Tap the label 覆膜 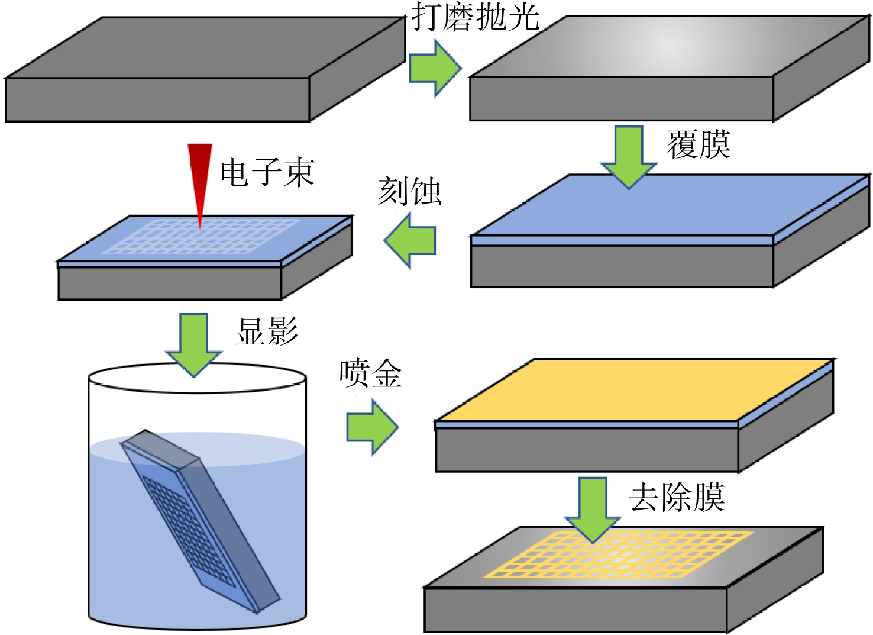coord(699,145)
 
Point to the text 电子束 coord(267,172)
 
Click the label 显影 coord(267,331)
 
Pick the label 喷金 coord(370,373)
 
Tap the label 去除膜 coord(677,497)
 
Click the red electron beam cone coord(200,183)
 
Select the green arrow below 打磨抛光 coord(435,68)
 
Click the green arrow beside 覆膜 coord(629,157)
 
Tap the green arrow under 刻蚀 coord(410,241)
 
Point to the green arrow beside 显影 coord(193,345)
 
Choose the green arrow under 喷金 coord(372,427)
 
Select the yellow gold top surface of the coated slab coord(635,390)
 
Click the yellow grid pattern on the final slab coord(619,555)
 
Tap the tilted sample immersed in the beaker coord(201,522)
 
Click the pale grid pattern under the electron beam coord(201,236)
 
